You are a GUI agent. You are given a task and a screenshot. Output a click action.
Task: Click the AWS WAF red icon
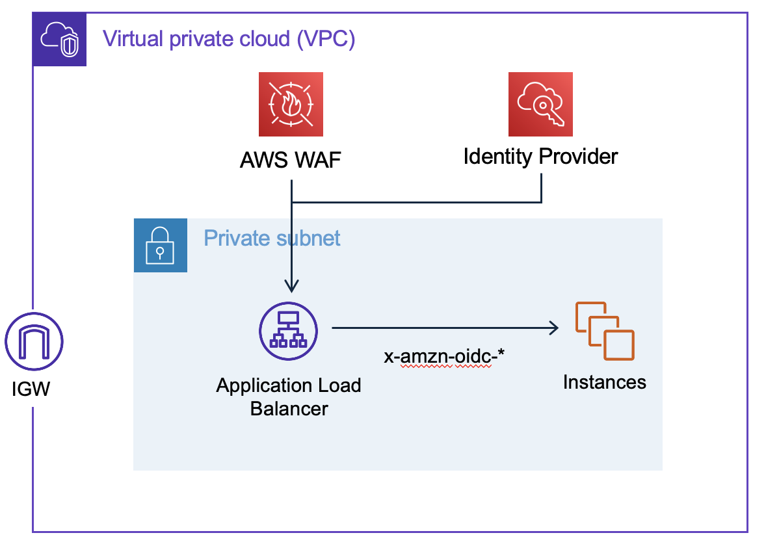(291, 104)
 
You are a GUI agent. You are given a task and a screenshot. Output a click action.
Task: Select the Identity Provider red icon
(540, 104)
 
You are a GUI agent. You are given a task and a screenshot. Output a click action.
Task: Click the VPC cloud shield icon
(60, 40)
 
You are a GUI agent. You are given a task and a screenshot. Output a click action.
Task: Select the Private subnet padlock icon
(160, 245)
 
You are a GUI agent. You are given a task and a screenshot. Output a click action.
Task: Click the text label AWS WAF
(291, 160)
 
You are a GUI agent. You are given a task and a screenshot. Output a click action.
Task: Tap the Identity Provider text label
(540, 157)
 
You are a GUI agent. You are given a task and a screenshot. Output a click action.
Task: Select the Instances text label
(605, 382)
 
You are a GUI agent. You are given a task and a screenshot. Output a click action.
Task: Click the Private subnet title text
(272, 238)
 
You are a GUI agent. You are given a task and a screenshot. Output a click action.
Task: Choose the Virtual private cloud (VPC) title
(229, 39)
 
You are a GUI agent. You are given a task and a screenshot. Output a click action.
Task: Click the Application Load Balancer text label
(289, 396)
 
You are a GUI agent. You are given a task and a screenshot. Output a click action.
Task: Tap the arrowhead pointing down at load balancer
(292, 286)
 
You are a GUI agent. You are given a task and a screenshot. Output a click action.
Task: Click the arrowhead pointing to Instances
(553, 328)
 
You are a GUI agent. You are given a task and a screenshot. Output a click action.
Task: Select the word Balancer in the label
(289, 408)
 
